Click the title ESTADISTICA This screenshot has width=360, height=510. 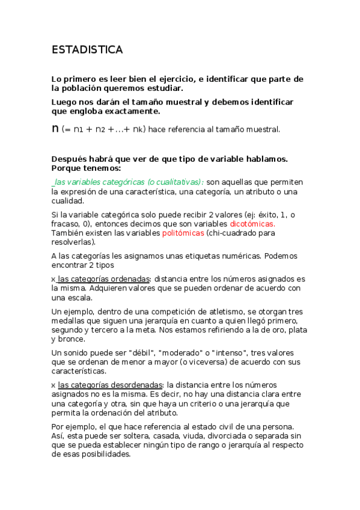(x=87, y=50)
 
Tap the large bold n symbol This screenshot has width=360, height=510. (x=56, y=128)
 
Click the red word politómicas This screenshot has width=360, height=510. (x=184, y=233)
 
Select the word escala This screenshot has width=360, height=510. (x=79, y=297)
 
